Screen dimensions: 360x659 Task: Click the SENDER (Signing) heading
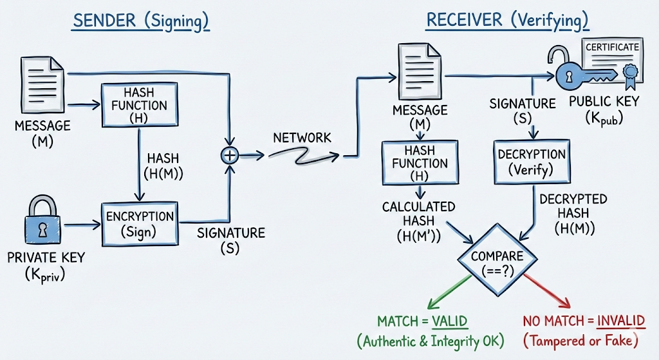[x=141, y=21]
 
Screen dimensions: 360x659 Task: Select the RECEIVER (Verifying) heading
[x=507, y=21]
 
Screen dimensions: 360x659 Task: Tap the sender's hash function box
[x=139, y=105]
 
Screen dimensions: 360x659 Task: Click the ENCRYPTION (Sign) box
[x=139, y=223]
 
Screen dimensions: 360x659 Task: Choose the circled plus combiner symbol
[x=230, y=155]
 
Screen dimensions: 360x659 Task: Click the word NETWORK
[x=302, y=138]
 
